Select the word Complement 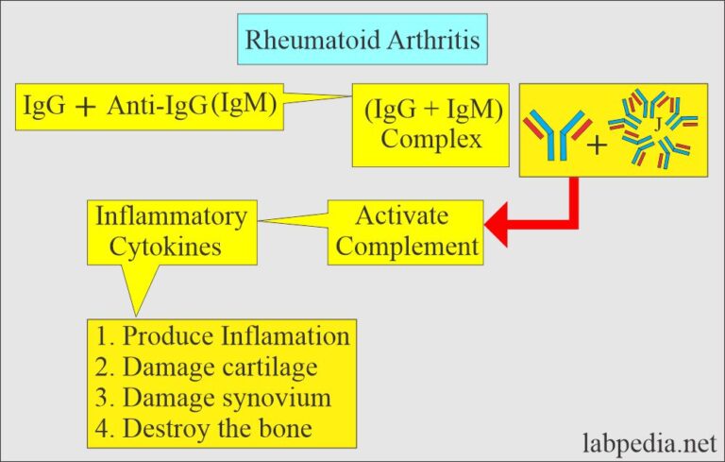point(408,247)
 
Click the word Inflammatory point(171,216)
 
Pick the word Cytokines point(169,247)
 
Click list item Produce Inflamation point(223,335)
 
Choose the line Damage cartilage point(207,367)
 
